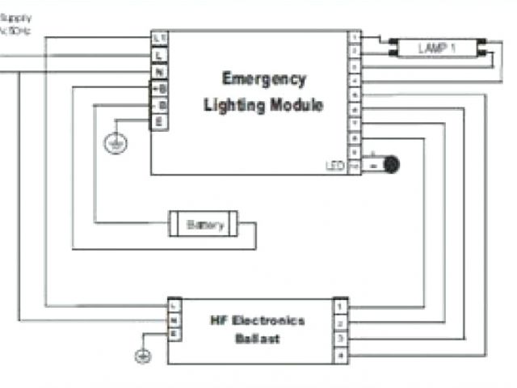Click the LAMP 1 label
tap(437, 48)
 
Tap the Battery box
tap(205, 225)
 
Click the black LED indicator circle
tap(392, 164)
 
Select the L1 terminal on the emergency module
tap(160, 39)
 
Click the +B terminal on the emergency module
tap(160, 89)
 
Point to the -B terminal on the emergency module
tap(160, 105)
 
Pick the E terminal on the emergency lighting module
tap(160, 122)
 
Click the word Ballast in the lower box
tap(258, 339)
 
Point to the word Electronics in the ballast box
tap(267, 320)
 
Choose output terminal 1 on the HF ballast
tap(342, 308)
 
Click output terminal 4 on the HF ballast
tap(342, 355)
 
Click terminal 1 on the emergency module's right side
tap(354, 38)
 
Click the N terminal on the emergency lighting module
tap(160, 72)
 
